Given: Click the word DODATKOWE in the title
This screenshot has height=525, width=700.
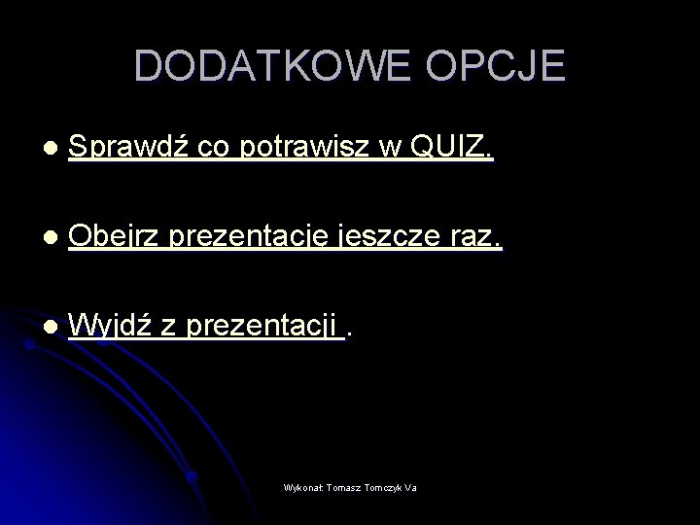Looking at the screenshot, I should pyautogui.click(x=255, y=65).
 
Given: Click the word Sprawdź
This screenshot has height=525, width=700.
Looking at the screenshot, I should pyautogui.click(x=129, y=147).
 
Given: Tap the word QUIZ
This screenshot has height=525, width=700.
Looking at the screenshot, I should pyautogui.click(x=453, y=147).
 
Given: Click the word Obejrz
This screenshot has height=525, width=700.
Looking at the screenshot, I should pyautogui.click(x=118, y=236).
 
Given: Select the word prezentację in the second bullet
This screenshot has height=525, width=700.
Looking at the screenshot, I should pyautogui.click(x=254, y=236).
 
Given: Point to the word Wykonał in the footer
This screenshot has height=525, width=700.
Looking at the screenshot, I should pyautogui.click(x=304, y=487).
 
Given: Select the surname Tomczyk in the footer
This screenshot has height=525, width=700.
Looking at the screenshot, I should pyautogui.click(x=384, y=487).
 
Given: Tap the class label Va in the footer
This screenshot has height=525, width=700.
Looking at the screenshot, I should pyautogui.click(x=411, y=487).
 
